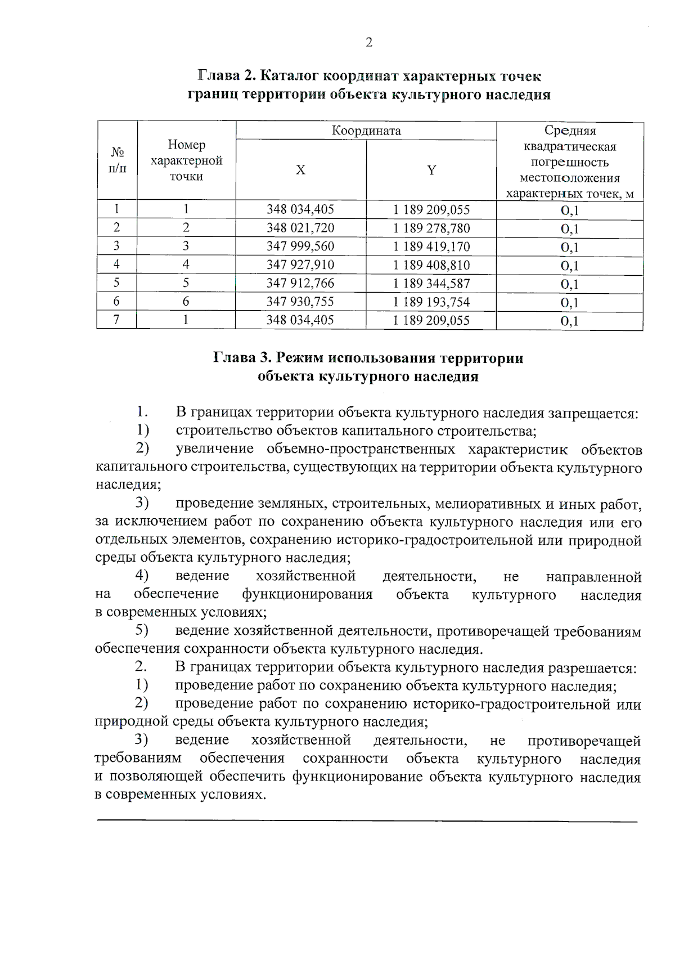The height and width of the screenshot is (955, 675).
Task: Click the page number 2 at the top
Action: [x=369, y=43]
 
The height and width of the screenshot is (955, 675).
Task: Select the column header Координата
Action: [x=366, y=131]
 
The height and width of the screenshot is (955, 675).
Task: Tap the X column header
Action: [x=301, y=170]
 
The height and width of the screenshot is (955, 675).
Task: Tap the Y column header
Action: [x=431, y=170]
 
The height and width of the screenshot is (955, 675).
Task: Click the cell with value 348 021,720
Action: [x=300, y=228]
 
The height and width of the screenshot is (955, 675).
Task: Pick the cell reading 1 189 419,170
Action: [x=431, y=246]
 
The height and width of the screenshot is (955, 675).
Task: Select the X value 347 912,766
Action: [x=300, y=283]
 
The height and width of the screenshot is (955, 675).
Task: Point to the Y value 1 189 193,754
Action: [x=431, y=302]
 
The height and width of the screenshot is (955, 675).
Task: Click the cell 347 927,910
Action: [x=300, y=264]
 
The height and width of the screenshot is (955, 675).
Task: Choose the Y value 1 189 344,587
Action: [x=431, y=283]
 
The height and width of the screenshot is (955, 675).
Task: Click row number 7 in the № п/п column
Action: [x=116, y=320]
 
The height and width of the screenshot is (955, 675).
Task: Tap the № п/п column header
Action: [x=117, y=160]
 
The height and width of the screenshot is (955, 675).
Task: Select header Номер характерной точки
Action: [x=186, y=160]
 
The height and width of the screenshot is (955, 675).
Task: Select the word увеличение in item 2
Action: [x=214, y=450]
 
